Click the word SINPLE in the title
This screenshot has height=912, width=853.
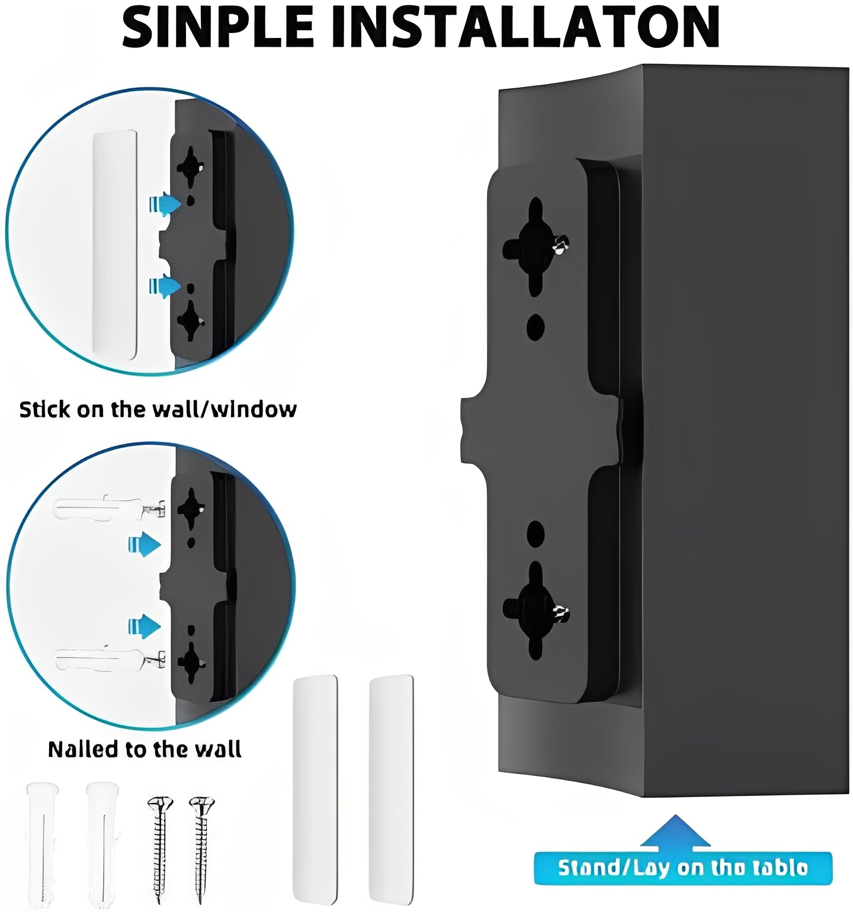[x=217, y=27]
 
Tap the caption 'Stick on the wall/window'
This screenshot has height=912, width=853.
[x=158, y=409]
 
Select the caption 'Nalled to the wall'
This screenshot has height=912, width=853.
[x=145, y=749]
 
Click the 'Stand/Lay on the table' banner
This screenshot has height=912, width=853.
[x=682, y=868]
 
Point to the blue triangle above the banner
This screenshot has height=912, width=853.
[x=675, y=831]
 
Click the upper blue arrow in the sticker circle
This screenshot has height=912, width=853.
[x=165, y=204]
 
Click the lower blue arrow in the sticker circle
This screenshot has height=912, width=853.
[x=165, y=287]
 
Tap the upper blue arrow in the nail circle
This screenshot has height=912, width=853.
[x=145, y=544]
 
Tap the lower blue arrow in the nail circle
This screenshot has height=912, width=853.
[x=145, y=626]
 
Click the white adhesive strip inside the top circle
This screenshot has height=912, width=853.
[x=115, y=244]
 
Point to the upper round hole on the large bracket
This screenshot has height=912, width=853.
[x=535, y=327]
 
